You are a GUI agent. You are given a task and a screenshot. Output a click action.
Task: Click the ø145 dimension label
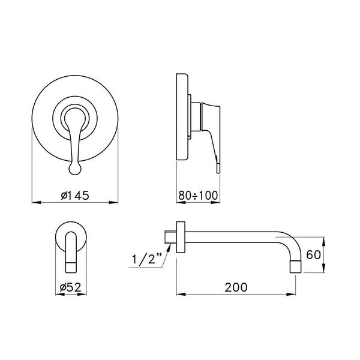pos(74,195)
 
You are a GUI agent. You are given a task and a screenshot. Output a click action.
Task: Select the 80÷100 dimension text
pos(199,195)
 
